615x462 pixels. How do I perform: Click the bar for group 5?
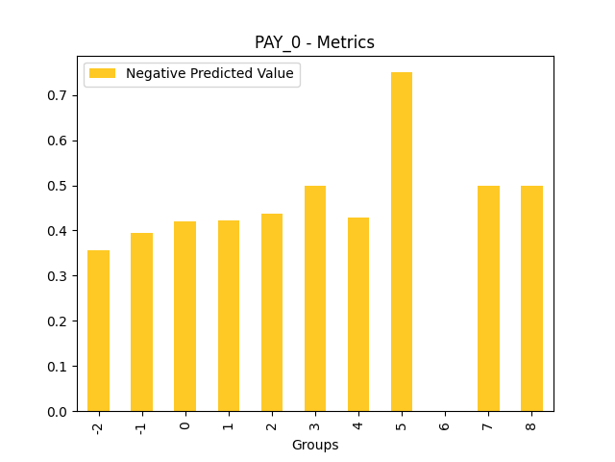point(402,242)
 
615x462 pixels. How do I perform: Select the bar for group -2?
point(98,330)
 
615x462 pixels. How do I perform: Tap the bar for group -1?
point(141,321)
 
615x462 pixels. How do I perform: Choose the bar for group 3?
point(315,298)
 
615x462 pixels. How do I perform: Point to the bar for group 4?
point(358,314)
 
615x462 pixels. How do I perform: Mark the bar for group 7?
point(488,298)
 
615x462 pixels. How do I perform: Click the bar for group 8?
point(531,298)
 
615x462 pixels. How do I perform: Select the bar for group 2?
point(272,312)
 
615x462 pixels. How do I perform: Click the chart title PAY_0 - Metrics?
point(314,42)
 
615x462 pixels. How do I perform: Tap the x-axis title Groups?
point(315,445)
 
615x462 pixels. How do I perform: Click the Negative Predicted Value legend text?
point(209,74)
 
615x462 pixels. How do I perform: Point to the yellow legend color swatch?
point(102,74)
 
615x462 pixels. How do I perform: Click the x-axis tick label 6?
point(445,423)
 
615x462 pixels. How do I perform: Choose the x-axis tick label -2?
point(98,425)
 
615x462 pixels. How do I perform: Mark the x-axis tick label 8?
point(531,423)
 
